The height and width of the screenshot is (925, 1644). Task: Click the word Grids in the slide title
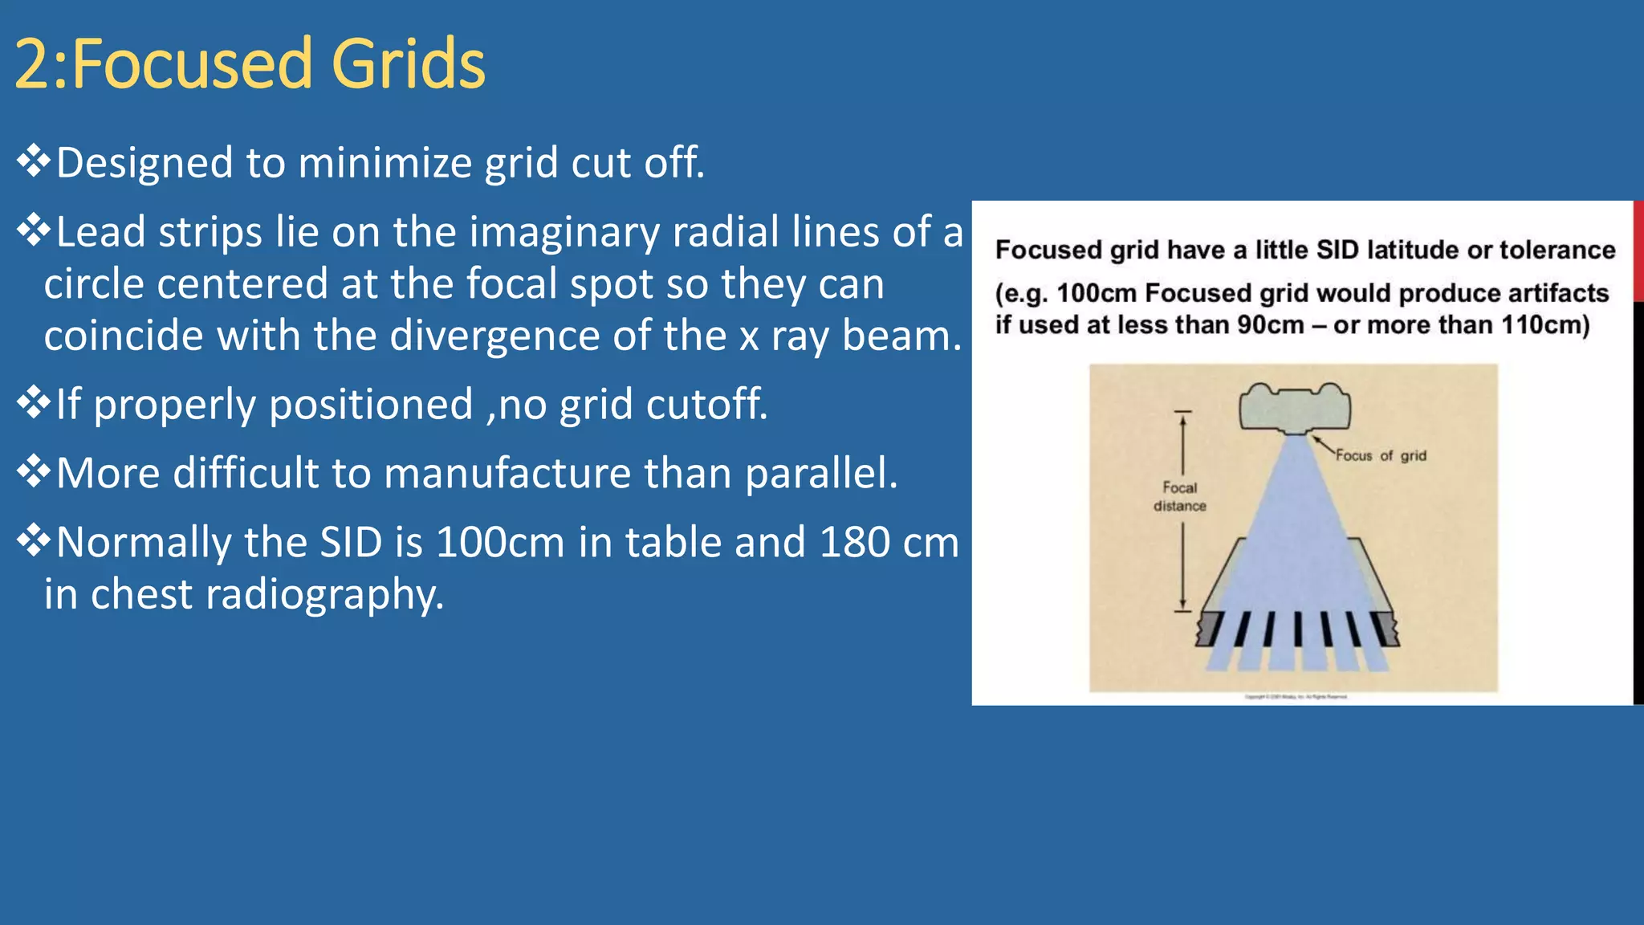(408, 64)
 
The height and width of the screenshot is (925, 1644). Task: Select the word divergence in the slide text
(496, 336)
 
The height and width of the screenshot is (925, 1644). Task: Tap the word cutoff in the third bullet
(706, 404)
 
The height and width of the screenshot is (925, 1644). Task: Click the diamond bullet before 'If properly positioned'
(33, 402)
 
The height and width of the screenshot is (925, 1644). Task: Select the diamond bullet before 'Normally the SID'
(33, 540)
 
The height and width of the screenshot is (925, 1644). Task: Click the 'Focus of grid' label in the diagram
(1381, 456)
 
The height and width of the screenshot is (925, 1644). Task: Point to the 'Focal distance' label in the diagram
(1180, 496)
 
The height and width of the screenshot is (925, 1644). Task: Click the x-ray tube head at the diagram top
(1295, 407)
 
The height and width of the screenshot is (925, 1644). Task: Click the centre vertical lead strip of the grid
(1297, 629)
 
